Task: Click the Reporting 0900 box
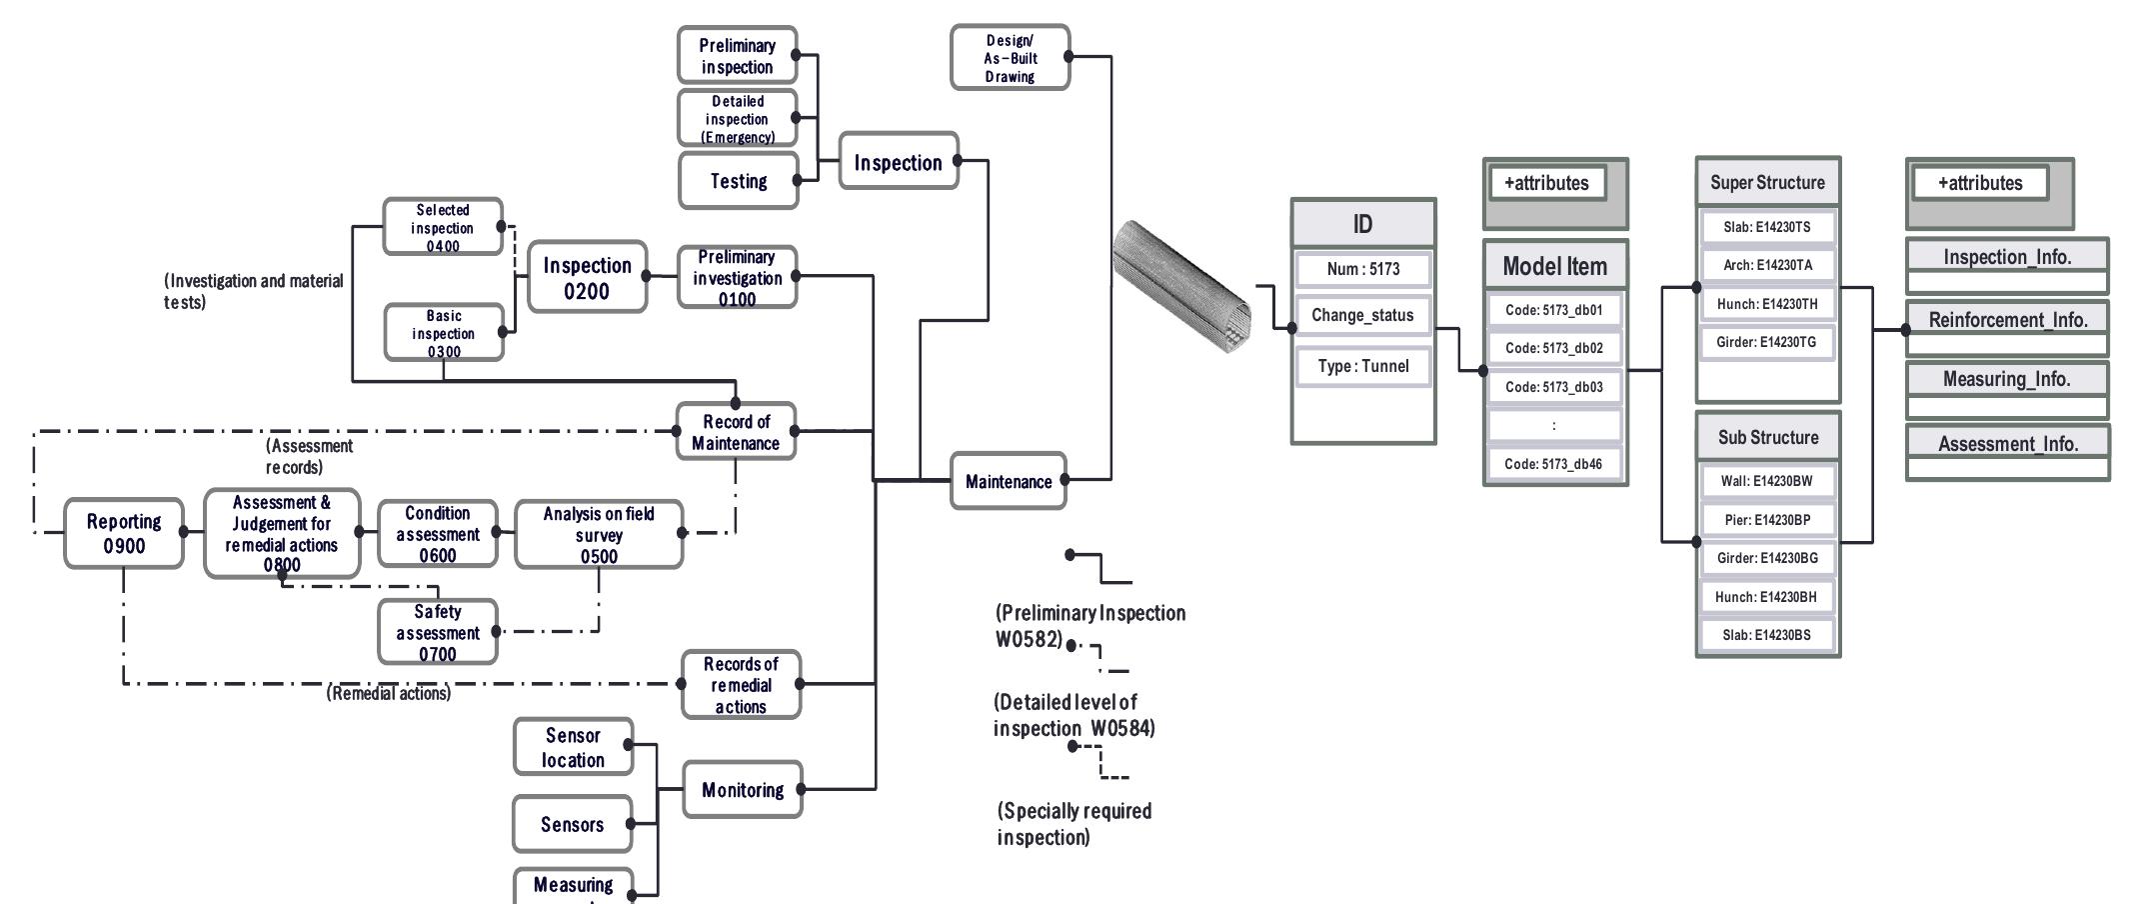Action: click(x=124, y=534)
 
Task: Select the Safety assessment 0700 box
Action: click(x=437, y=632)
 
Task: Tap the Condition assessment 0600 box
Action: click(x=437, y=534)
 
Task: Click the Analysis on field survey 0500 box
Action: click(x=599, y=534)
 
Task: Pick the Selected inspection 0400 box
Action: click(x=443, y=227)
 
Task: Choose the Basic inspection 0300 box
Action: click(x=444, y=333)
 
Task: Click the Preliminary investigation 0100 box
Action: click(x=737, y=277)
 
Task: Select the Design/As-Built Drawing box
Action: click(x=1010, y=58)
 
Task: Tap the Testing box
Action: click(x=739, y=181)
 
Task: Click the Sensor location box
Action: click(x=573, y=747)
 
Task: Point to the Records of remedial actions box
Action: click(x=741, y=685)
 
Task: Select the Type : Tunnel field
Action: click(x=1363, y=366)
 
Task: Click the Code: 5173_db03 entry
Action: click(x=1553, y=387)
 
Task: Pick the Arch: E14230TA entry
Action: click(x=1767, y=265)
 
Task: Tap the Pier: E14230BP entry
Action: click(x=1767, y=520)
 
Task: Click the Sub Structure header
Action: click(x=1767, y=437)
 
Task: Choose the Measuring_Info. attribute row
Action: click(x=2006, y=379)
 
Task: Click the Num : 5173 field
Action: click(x=1363, y=269)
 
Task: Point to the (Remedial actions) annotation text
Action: click(x=389, y=693)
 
